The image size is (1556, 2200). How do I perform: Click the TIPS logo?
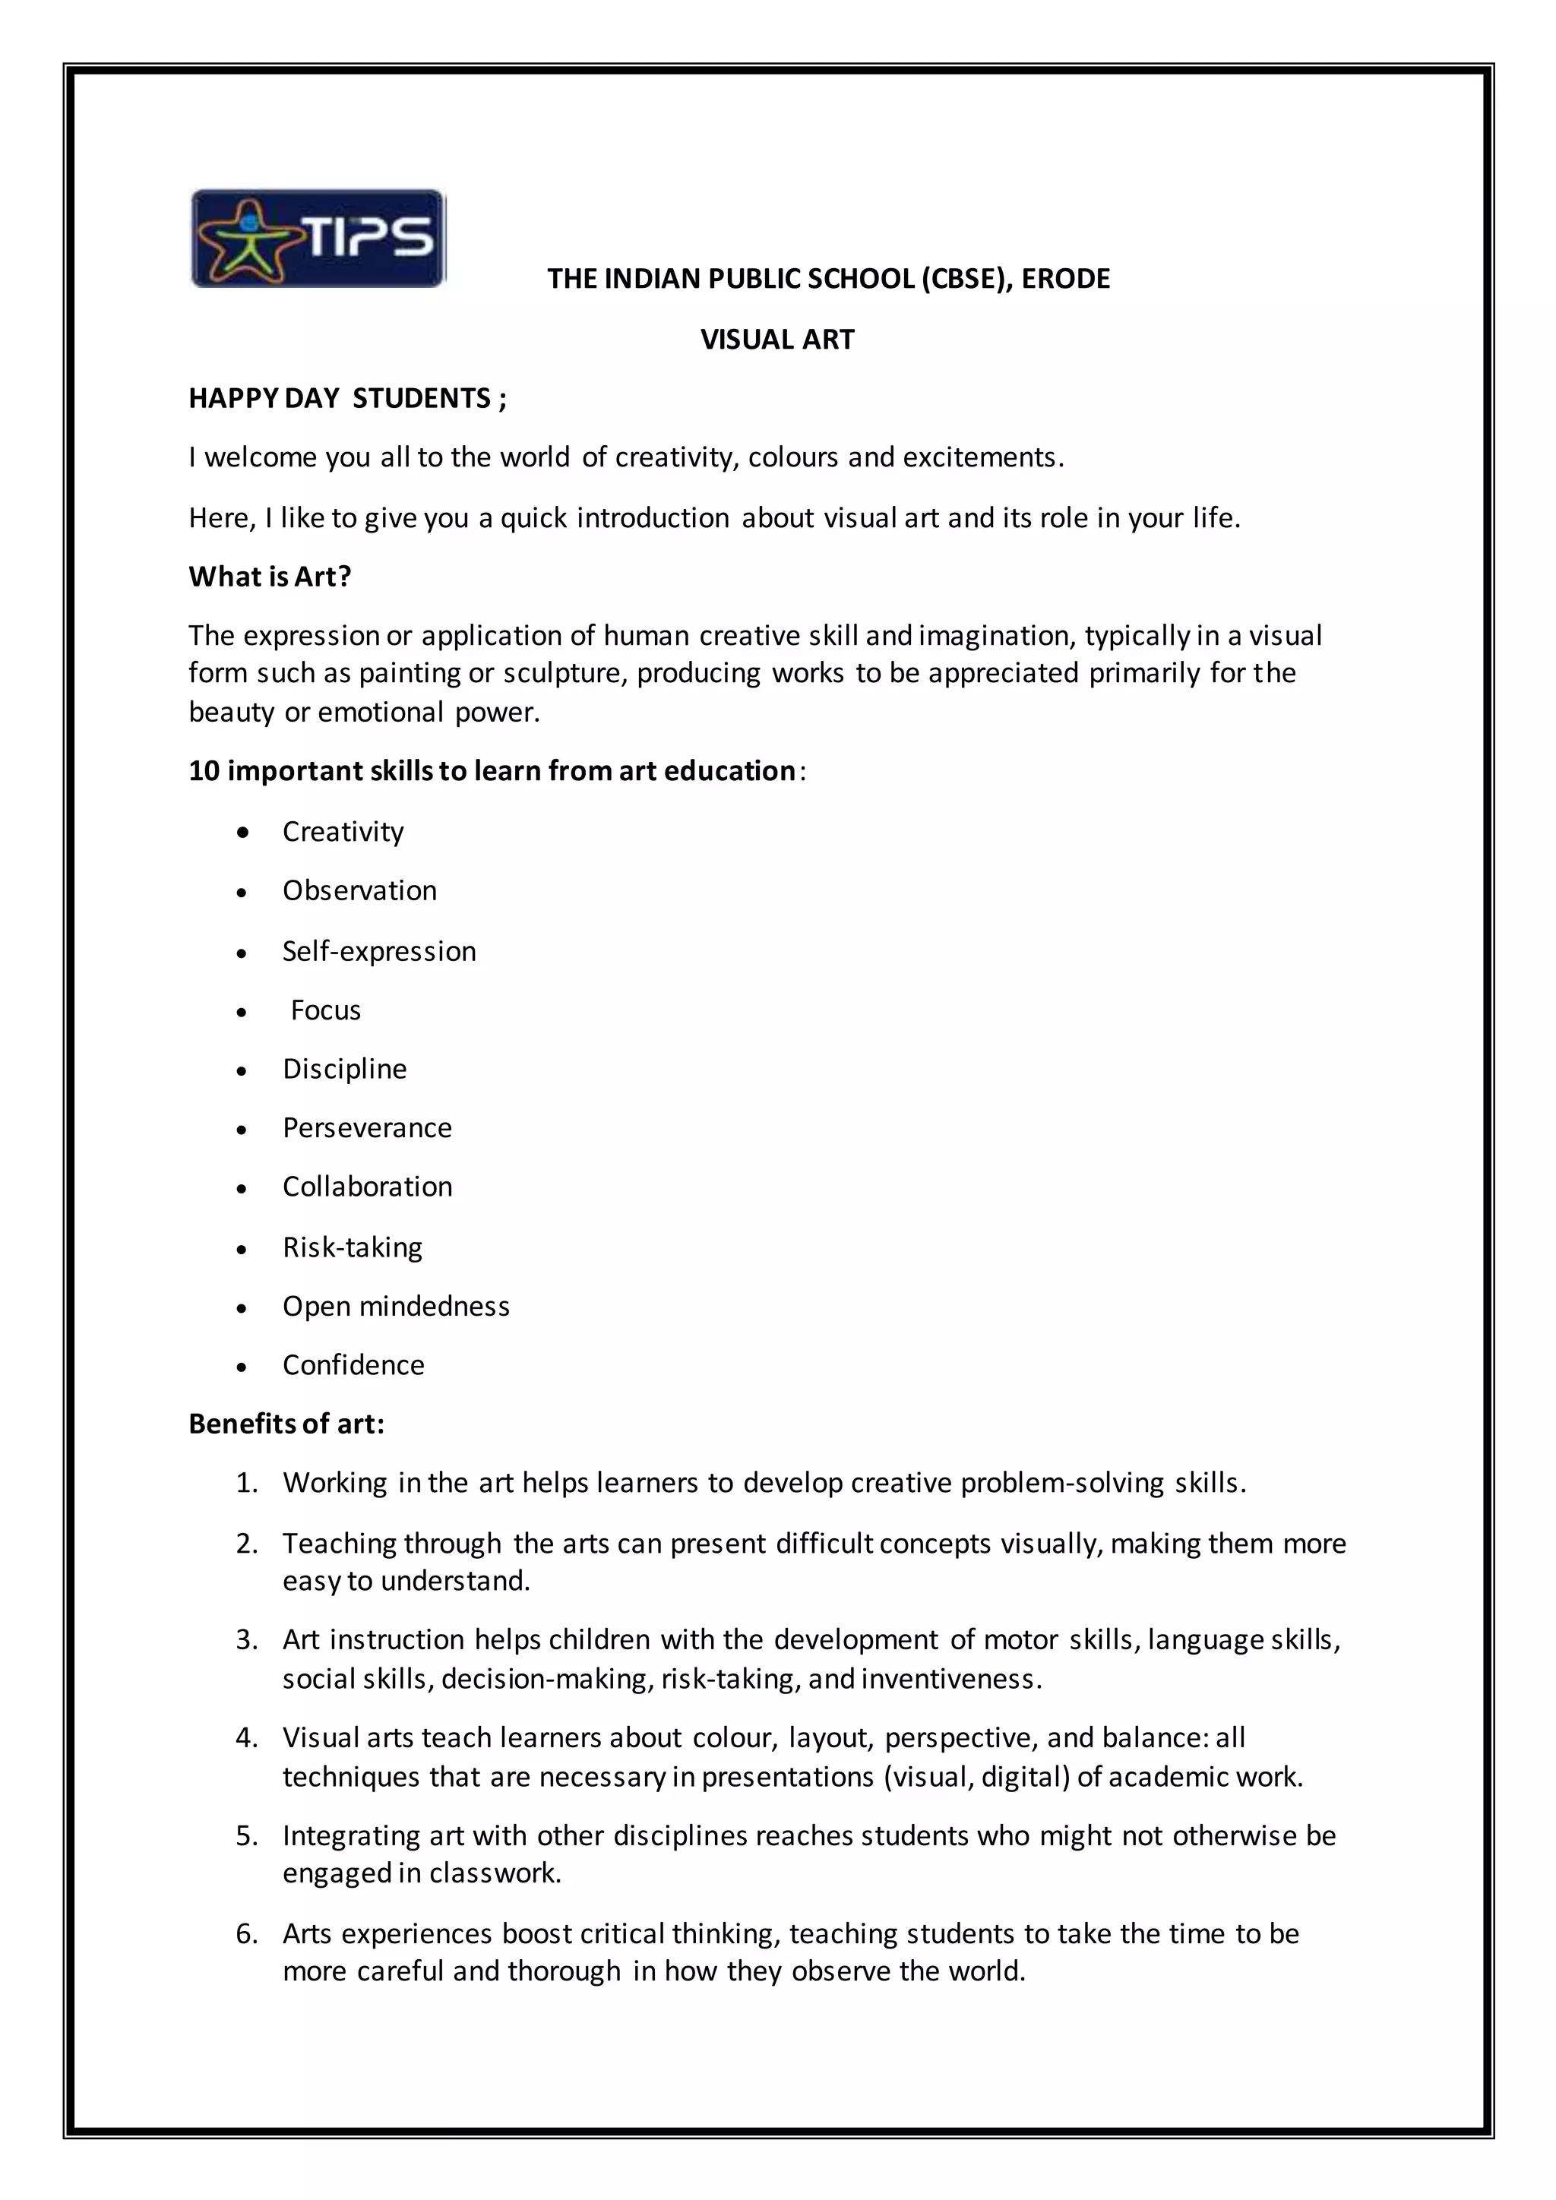pos(318,239)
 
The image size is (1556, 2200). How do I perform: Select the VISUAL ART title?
pos(777,340)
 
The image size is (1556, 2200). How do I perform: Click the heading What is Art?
pos(270,576)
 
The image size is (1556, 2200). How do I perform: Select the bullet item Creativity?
pos(343,831)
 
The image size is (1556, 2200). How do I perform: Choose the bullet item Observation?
pos(359,890)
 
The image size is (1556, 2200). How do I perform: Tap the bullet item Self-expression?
pos(378,950)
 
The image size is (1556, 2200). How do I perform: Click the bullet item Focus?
pos(326,1010)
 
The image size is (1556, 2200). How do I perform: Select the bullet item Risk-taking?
pos(353,1247)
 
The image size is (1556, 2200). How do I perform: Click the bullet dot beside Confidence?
pos(242,1367)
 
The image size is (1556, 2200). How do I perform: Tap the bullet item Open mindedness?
pos(396,1306)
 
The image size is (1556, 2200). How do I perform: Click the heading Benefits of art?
pos(286,1424)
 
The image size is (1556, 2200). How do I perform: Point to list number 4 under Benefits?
pos(246,1737)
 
